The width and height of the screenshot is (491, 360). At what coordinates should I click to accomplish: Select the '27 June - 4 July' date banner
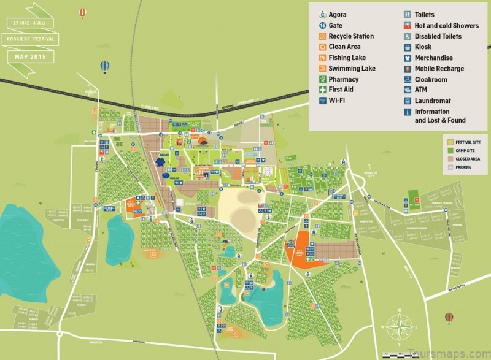click(x=31, y=22)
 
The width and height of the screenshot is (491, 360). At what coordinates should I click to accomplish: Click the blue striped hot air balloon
click(x=105, y=66)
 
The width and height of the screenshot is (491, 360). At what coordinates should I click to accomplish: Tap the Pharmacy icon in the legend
click(x=322, y=79)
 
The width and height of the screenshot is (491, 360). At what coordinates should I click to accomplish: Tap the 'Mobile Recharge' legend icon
click(x=408, y=69)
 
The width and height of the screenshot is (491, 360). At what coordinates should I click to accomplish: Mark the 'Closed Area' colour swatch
click(x=448, y=159)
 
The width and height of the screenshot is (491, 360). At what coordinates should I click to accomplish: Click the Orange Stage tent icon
click(x=179, y=142)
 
